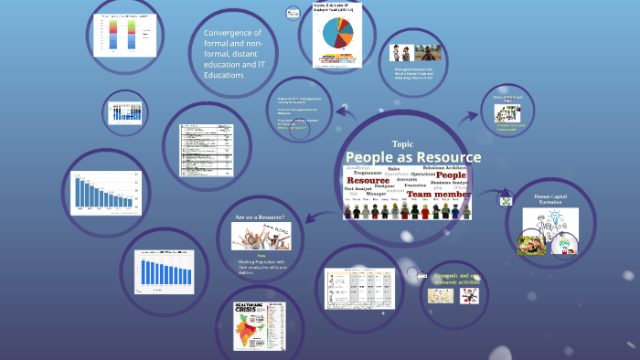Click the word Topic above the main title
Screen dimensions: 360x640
(402, 144)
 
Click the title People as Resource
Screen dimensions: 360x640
(413, 157)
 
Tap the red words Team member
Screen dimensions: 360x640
(438, 195)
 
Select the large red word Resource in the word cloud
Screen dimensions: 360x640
(368, 181)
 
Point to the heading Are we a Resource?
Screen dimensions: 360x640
(260, 217)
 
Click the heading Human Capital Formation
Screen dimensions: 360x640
(550, 197)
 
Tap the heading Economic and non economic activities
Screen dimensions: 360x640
(456, 278)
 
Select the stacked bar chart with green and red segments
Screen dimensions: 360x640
(122, 34)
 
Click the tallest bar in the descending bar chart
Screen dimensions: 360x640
(79, 189)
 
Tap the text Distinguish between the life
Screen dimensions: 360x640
(419, 73)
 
